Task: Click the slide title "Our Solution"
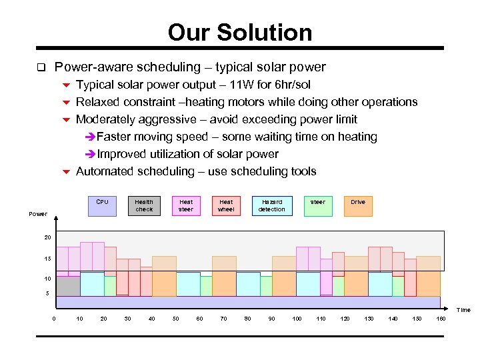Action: coord(240,32)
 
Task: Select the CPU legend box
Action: coord(102,206)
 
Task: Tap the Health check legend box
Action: coord(144,206)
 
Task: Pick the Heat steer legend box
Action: coord(186,206)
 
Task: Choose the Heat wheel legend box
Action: coord(227,206)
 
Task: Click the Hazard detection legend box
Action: coord(271,206)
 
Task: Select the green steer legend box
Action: coord(318,206)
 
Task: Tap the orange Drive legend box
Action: coord(358,206)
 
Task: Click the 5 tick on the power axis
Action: coord(47,293)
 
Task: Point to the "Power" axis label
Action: coord(38,214)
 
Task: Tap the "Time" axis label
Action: coord(463,310)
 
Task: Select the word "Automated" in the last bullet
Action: coord(103,171)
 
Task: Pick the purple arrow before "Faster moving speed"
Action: coord(91,137)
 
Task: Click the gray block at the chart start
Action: coord(68,286)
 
